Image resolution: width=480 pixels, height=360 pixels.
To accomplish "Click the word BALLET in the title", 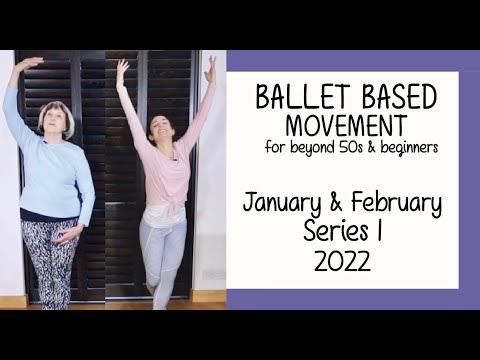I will pyautogui.click(x=298, y=99).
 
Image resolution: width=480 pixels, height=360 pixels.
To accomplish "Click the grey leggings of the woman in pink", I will pyautogui.click(x=160, y=250).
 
